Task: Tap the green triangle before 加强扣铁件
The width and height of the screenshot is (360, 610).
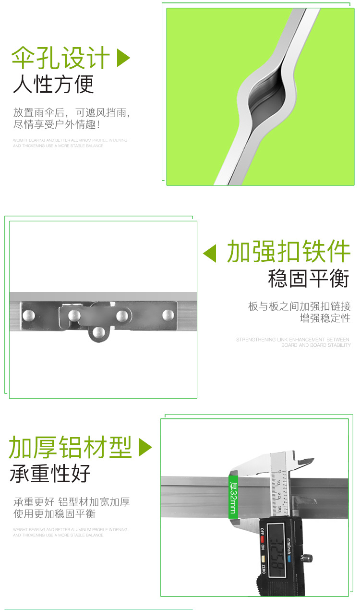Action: tap(210, 253)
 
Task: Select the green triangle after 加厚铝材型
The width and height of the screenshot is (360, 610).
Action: tap(144, 448)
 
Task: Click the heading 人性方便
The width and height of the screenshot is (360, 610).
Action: tap(54, 84)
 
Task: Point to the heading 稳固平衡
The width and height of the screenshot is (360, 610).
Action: tap(309, 279)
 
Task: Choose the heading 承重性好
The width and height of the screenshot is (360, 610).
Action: tap(50, 474)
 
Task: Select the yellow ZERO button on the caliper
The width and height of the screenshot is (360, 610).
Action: tap(263, 559)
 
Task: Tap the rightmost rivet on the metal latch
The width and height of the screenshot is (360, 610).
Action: tap(168, 315)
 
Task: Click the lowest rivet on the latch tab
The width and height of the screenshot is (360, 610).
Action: tap(98, 332)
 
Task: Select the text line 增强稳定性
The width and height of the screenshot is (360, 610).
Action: tap(325, 318)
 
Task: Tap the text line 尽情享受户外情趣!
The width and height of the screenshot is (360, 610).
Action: tap(57, 124)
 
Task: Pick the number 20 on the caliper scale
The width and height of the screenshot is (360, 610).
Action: tap(278, 494)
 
